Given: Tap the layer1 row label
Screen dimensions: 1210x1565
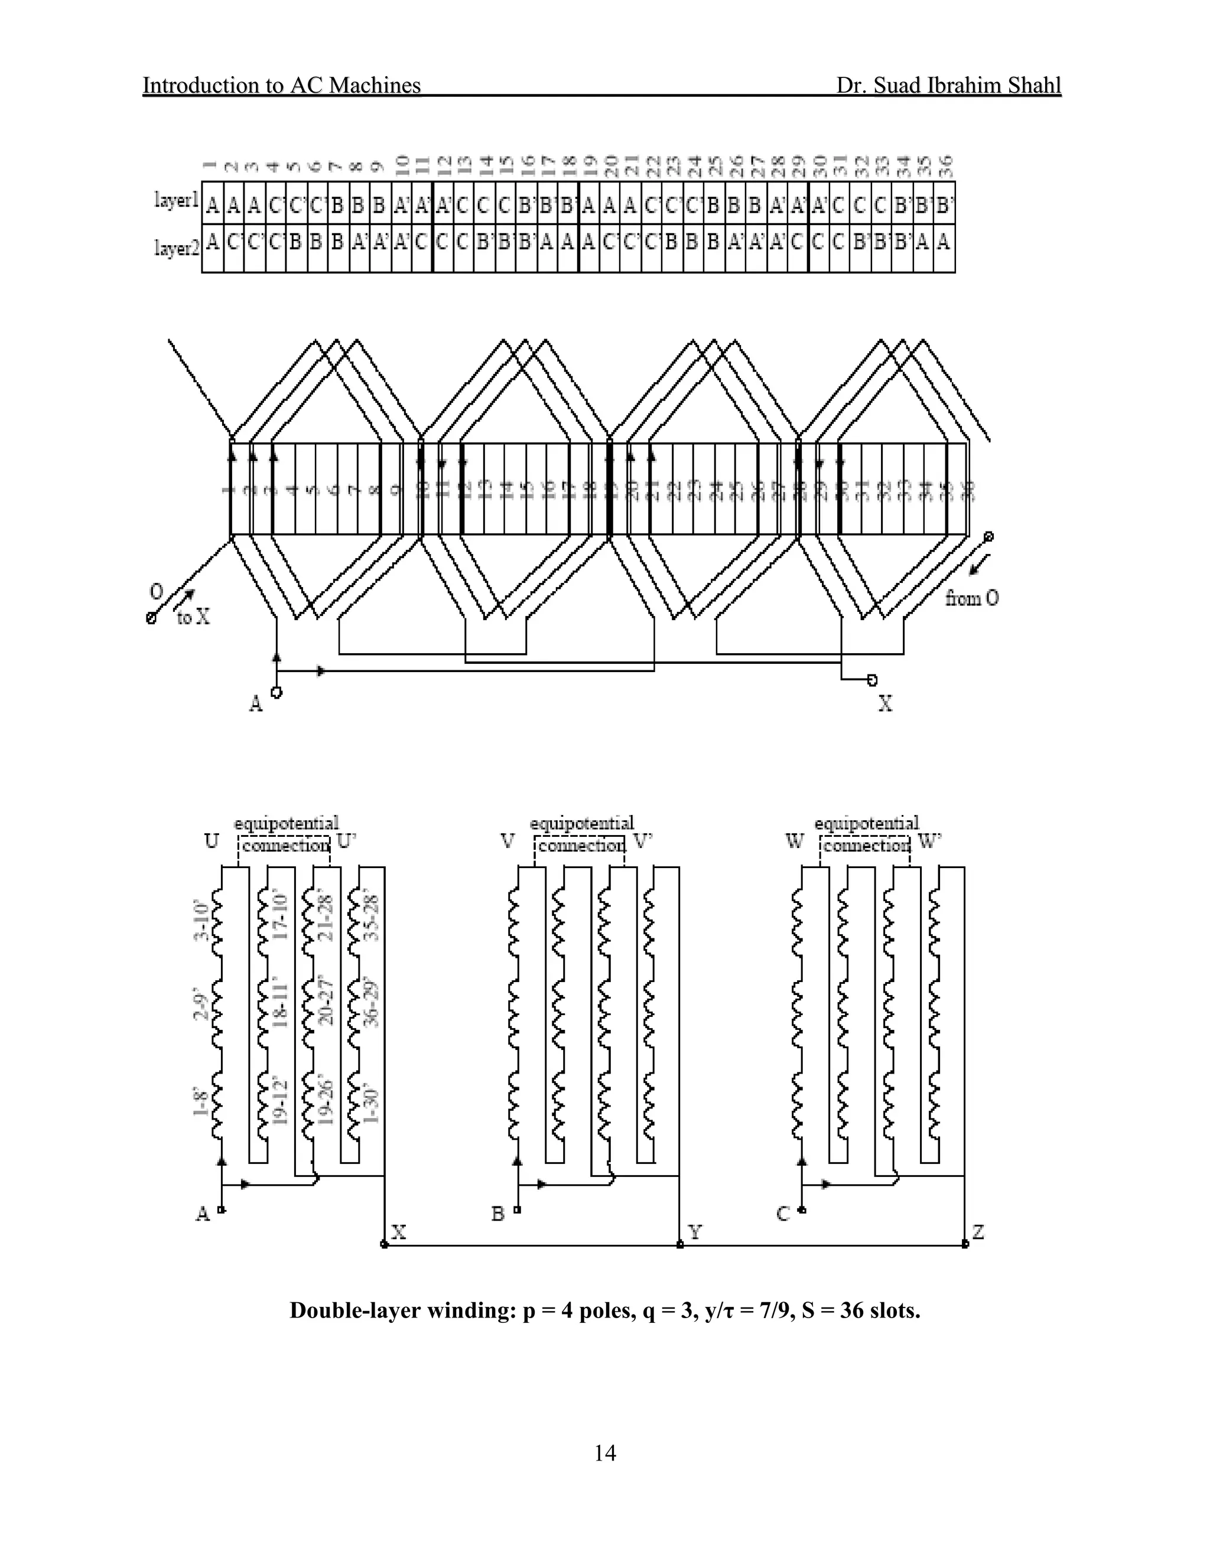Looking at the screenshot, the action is [176, 201].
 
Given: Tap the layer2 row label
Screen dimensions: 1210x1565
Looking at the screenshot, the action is [176, 248].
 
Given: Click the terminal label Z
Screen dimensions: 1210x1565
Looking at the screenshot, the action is [978, 1232].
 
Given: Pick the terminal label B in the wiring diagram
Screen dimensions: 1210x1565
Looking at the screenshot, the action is [497, 1213].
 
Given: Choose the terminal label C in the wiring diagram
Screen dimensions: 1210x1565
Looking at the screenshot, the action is [783, 1213].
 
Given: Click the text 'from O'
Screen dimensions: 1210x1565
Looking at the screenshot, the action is [971, 598].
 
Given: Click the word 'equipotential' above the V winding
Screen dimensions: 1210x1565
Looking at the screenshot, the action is [582, 823].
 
